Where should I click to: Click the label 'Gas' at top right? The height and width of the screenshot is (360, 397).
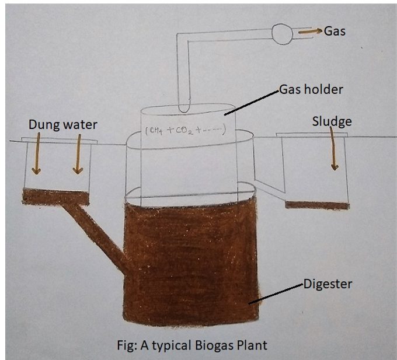[335, 31]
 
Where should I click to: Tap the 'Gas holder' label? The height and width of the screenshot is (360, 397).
[311, 90]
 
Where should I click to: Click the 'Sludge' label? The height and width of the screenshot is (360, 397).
[332, 121]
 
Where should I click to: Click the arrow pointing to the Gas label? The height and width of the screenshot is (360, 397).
[309, 32]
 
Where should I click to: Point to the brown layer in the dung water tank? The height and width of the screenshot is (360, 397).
[56, 197]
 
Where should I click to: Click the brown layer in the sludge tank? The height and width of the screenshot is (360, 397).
[317, 205]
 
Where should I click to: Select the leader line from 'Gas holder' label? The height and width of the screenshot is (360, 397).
[252, 102]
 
